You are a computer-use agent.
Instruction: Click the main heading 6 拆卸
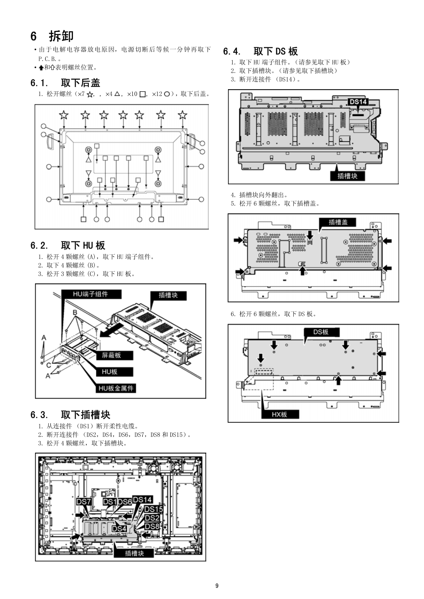click(52, 36)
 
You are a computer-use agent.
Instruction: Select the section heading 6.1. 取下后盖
click(65, 82)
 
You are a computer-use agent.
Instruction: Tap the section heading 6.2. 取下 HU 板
click(67, 245)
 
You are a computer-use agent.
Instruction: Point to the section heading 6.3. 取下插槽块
click(70, 415)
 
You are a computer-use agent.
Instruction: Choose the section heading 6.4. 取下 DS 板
click(260, 51)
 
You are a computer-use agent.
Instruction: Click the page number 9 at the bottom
click(217, 586)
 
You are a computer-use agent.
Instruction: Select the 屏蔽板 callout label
click(111, 355)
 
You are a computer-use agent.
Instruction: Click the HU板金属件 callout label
click(116, 388)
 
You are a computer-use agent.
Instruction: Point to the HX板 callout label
click(279, 414)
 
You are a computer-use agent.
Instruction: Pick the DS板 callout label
click(321, 332)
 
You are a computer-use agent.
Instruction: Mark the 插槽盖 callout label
click(338, 222)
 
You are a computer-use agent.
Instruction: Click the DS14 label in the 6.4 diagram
click(358, 102)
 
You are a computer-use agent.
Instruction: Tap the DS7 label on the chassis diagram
click(83, 502)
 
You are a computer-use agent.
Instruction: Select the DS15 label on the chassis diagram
click(153, 509)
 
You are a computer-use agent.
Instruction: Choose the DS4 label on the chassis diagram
click(119, 529)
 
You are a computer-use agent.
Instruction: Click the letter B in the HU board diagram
click(75, 312)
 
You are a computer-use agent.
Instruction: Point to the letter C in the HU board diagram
click(49, 365)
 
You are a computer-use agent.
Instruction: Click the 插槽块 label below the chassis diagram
click(134, 553)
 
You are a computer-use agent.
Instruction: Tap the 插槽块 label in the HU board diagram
click(168, 295)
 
